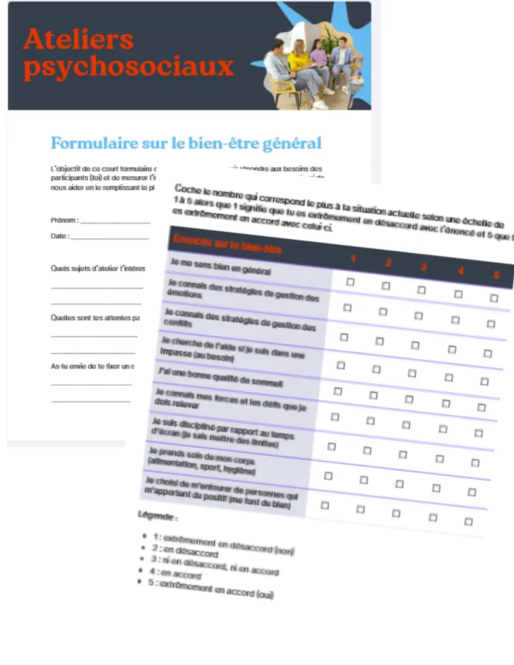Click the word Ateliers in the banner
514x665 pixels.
[78, 39]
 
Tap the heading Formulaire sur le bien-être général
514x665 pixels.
[186, 143]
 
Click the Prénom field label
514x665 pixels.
[64, 220]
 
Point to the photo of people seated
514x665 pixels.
[313, 66]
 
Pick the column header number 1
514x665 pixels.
[354, 259]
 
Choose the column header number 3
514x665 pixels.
[424, 267]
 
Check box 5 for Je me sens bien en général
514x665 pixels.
[493, 298]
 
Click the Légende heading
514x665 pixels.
[158, 516]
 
